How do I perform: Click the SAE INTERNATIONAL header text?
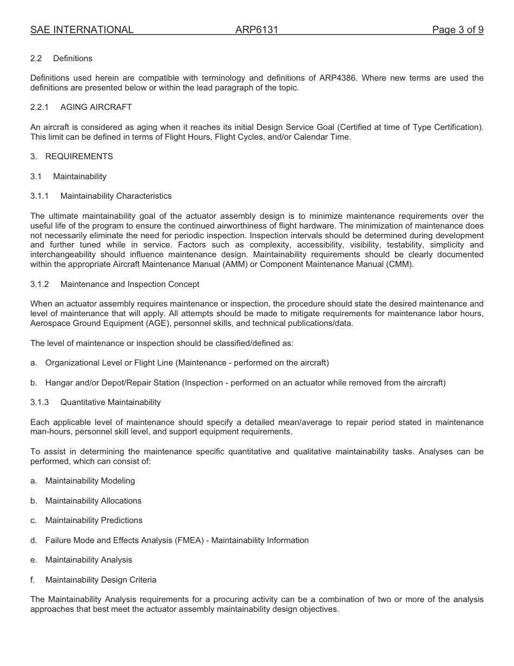coord(82,30)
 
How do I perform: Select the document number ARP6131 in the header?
coord(256,30)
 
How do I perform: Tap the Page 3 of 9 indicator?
coord(457,30)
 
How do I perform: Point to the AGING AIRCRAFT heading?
coord(96,107)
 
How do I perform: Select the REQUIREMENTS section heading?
coord(79,156)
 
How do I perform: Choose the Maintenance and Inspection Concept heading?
coord(130,284)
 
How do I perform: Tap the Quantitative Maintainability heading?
coord(110,402)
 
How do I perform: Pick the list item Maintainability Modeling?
coord(90,481)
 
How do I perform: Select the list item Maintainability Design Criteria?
coord(101,580)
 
